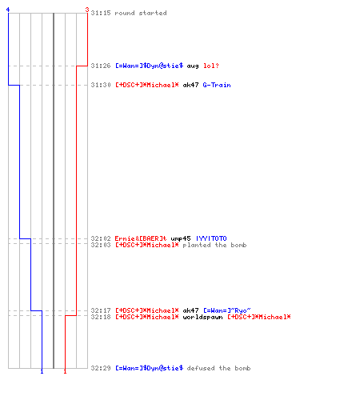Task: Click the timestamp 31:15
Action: (x=101, y=13)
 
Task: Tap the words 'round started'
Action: (x=141, y=13)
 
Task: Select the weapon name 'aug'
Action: (x=193, y=66)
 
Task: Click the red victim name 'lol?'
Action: (x=211, y=66)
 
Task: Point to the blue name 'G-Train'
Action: (x=217, y=85)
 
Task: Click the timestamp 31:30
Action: (x=101, y=85)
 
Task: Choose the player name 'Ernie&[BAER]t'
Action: (x=141, y=238)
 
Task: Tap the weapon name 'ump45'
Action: (x=181, y=238)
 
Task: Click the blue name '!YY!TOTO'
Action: (x=211, y=238)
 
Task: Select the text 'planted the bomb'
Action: (x=214, y=245)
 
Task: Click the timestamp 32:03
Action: (x=101, y=245)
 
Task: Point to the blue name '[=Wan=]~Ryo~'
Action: (x=227, y=310)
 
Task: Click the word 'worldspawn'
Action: (x=202, y=317)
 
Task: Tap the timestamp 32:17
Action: (x=101, y=310)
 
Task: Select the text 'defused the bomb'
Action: (x=218, y=368)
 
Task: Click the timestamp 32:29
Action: (x=101, y=368)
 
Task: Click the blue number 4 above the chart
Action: (x=8, y=10)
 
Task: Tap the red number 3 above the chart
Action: (x=87, y=10)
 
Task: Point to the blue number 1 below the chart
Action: (x=42, y=371)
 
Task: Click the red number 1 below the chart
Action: (x=65, y=371)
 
